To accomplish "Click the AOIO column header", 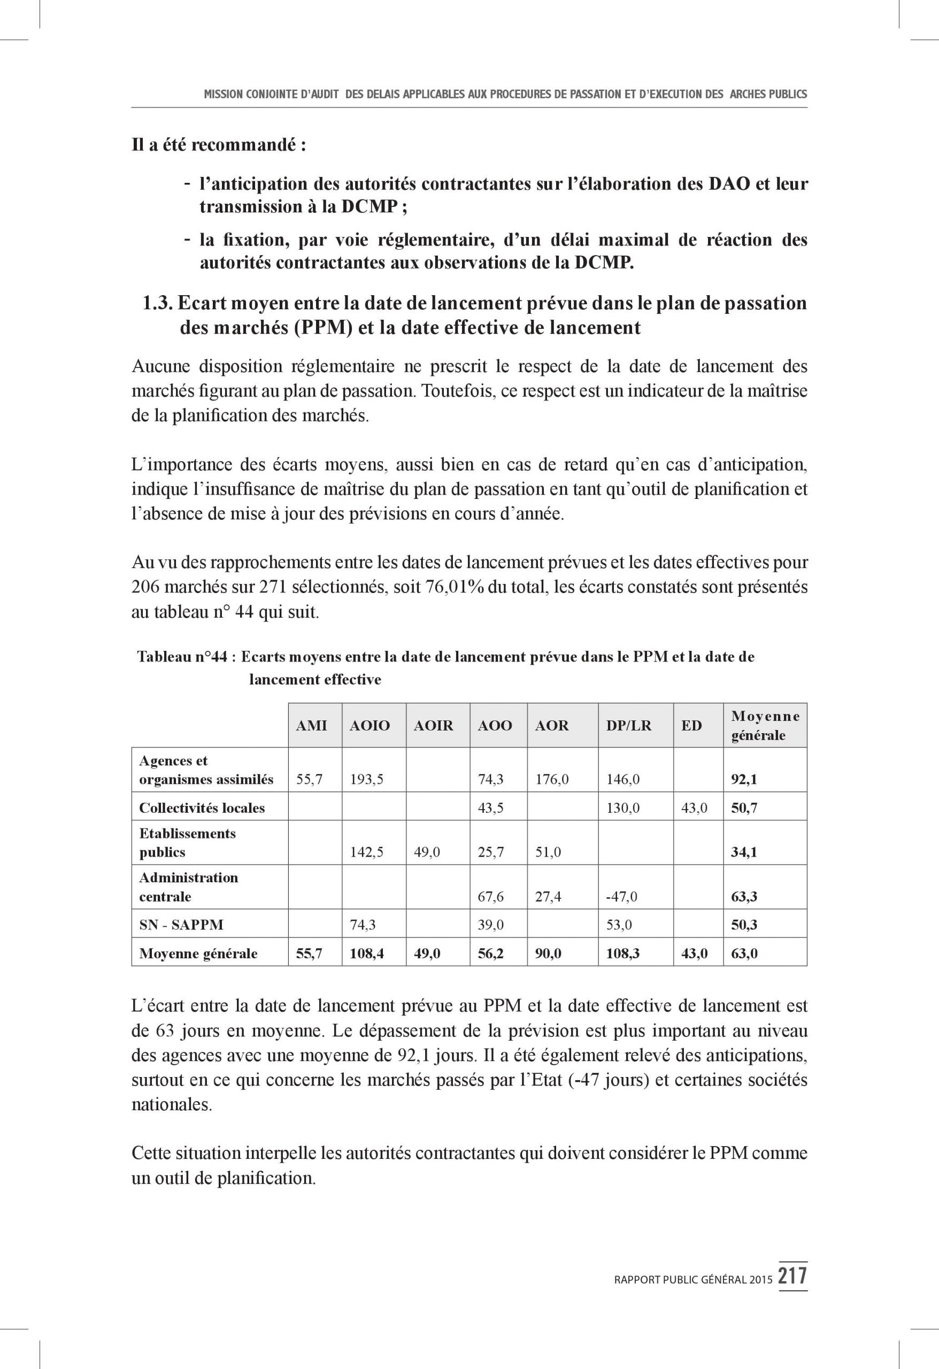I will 370,725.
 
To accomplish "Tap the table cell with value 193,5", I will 366,779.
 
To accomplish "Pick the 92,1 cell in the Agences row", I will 744,779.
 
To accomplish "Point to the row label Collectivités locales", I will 202,807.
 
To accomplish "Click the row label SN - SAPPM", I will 181,924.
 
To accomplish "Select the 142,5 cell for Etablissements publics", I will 366,852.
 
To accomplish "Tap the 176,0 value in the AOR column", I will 551,779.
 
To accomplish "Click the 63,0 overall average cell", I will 744,953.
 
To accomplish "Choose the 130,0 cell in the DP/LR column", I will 622,807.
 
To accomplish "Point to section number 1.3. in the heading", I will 157,303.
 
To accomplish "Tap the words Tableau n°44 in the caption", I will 182,656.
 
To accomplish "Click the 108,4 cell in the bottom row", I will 366,953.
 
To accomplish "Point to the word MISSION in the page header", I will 222,94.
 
